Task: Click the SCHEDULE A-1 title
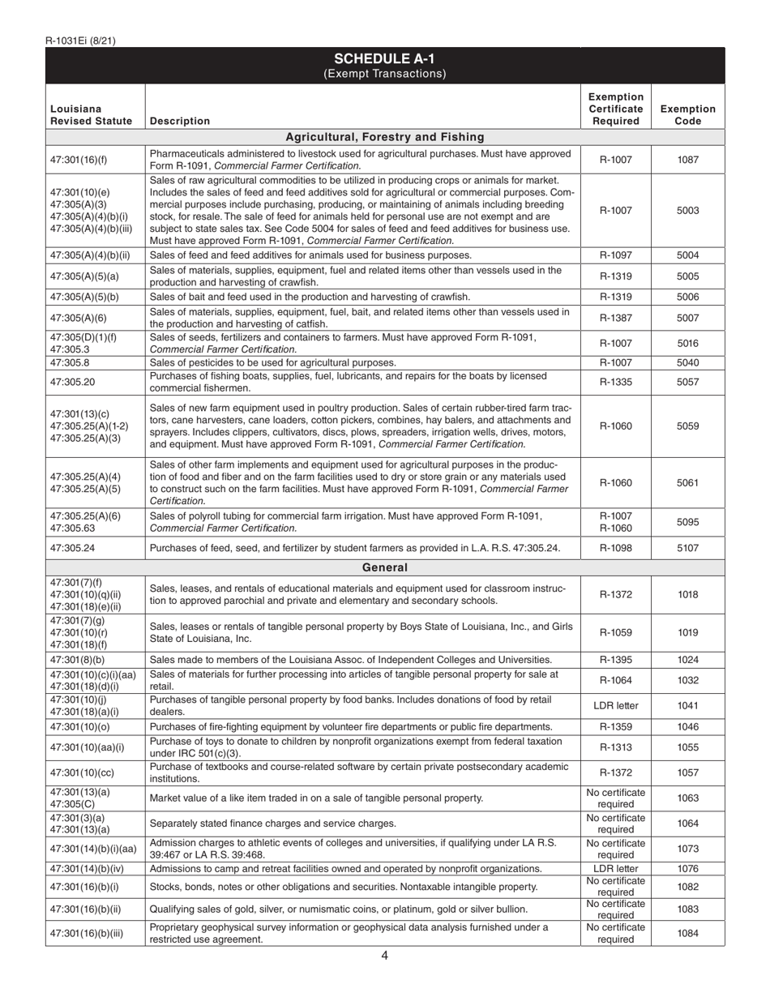point(384,58)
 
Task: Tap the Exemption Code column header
point(687,114)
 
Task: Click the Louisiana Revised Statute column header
point(79,114)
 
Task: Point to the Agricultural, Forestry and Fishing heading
point(384,137)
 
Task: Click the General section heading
point(384,567)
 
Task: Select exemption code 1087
point(687,160)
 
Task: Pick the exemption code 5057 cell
point(687,382)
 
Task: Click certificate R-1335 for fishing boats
point(615,382)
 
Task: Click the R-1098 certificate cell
point(615,548)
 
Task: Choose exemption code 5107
point(687,548)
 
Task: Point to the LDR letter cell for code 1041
point(615,706)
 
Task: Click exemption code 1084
point(687,933)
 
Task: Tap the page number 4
point(384,955)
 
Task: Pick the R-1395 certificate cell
point(615,660)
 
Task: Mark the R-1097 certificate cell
point(615,255)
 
